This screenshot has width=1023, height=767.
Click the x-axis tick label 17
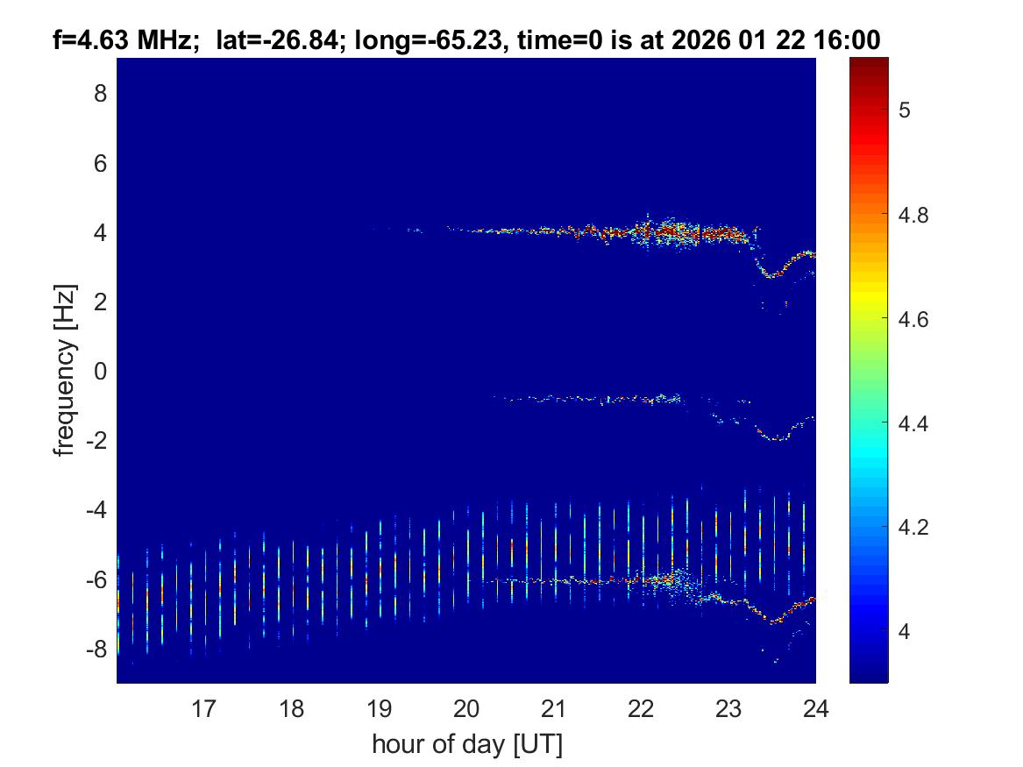tap(204, 707)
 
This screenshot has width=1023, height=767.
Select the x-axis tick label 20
tap(466, 707)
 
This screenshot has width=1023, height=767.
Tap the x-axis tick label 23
tap(728, 707)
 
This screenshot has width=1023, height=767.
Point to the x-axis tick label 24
tap(815, 707)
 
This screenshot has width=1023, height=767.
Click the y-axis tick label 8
tap(99, 93)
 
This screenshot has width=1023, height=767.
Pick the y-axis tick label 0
tap(99, 371)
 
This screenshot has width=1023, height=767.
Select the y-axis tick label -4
tap(95, 509)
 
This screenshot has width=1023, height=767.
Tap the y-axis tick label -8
tap(95, 649)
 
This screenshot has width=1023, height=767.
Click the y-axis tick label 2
tap(99, 302)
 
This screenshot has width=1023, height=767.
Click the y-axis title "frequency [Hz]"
tap(63, 371)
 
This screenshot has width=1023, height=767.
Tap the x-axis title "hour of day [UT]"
tap(466, 745)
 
